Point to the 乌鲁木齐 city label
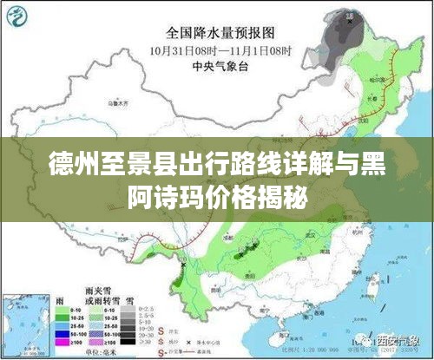click(x=114, y=102)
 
